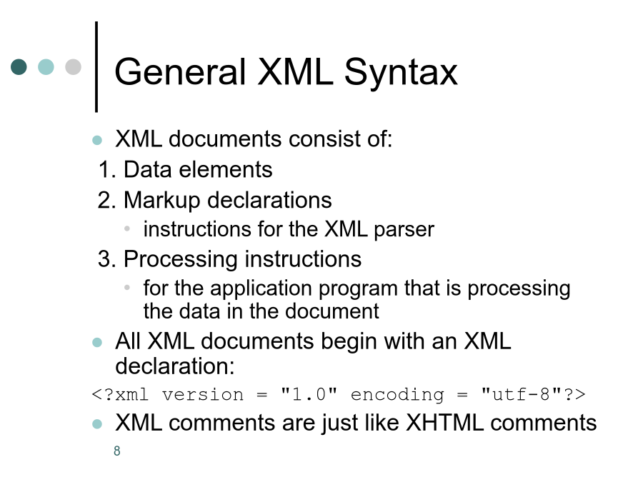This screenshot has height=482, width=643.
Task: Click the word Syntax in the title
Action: pos(401,73)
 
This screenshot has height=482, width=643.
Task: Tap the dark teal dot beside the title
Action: pos(19,67)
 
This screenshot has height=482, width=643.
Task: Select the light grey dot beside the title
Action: pos(73,67)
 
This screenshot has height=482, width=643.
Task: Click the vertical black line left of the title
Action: pos(96,67)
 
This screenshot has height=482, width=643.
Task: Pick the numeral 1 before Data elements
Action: pos(104,170)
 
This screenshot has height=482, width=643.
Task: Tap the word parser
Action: pos(404,230)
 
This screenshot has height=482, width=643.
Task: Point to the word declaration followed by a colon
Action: pos(175,366)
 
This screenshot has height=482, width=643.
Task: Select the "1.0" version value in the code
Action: pos(309,394)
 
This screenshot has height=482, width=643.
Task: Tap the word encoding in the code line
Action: pos(397,395)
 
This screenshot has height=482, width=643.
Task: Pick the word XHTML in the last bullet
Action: pos(444,423)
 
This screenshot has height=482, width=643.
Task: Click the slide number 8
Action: pos(117,451)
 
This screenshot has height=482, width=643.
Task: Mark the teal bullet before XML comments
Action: pos(97,423)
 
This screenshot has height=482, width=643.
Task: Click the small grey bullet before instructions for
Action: pos(127,229)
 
